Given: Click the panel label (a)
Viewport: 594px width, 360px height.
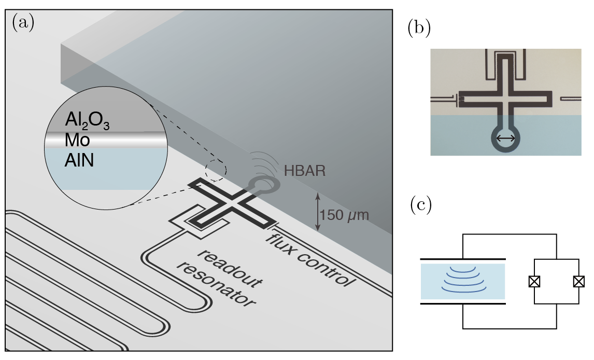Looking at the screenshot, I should [23, 24].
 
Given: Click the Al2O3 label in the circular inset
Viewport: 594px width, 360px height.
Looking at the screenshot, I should [87, 120].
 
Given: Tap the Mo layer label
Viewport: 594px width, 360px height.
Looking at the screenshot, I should [77, 140].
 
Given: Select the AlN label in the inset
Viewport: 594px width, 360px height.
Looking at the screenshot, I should [79, 161].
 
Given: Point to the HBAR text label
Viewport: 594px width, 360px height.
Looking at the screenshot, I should [305, 171].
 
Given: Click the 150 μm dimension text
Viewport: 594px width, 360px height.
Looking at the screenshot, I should [344, 215].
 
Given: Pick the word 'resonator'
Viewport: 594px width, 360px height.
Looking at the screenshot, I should [216, 285].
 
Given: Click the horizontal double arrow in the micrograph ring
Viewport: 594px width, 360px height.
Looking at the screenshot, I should [505, 138].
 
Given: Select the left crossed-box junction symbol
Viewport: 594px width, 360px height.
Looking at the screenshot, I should [534, 282].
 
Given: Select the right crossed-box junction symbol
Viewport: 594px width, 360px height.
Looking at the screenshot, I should [579, 282].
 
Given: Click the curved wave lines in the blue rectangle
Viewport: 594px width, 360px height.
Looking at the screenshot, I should [462, 280].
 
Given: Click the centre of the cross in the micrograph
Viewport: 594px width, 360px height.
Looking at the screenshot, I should [505, 98].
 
